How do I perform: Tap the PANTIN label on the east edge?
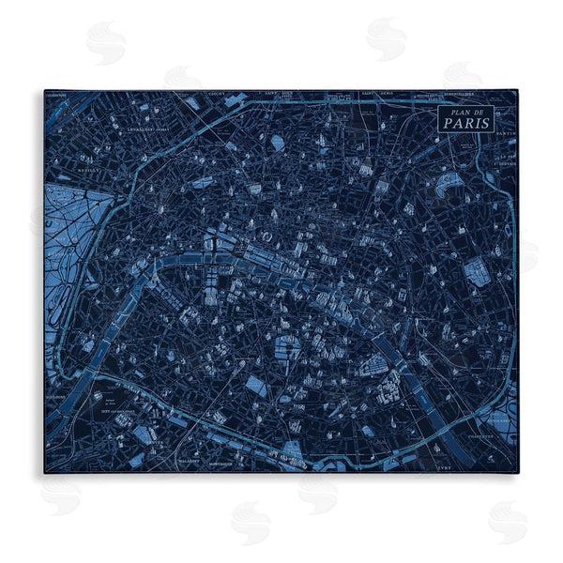click(508, 134)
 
